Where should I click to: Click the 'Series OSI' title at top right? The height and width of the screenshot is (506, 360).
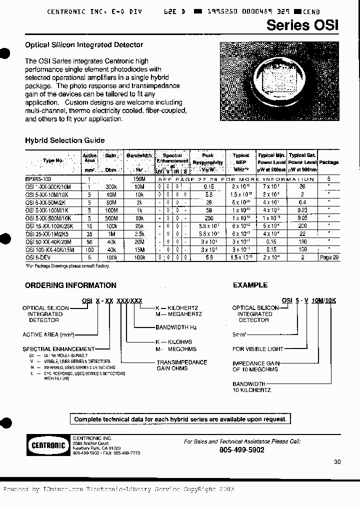pyautogui.click(x=302, y=25)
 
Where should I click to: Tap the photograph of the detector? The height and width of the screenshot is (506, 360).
pyautogui.click(x=280, y=81)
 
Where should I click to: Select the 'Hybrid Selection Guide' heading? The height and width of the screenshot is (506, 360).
pyautogui.click(x=65, y=140)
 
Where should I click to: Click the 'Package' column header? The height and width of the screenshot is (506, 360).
pyautogui.click(x=328, y=162)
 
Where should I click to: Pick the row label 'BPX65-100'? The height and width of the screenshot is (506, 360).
pyautogui.click(x=38, y=178)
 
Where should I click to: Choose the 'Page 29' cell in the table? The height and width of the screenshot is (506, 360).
pyautogui.click(x=328, y=257)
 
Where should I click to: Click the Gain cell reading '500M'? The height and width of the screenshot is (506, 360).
pyautogui.click(x=111, y=218)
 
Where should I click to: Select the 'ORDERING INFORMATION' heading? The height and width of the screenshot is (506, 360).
pyautogui.click(x=70, y=285)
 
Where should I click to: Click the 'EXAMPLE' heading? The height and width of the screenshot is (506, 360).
pyautogui.click(x=250, y=285)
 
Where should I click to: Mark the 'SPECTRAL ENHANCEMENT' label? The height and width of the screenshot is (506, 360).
pyautogui.click(x=58, y=349)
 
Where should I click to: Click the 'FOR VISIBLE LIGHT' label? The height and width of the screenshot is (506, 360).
pyautogui.click(x=258, y=349)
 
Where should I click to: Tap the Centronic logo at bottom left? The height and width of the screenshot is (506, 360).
pyautogui.click(x=46, y=445)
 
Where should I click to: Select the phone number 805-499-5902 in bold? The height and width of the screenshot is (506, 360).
pyautogui.click(x=242, y=450)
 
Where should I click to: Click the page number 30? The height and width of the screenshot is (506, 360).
pyautogui.click(x=337, y=462)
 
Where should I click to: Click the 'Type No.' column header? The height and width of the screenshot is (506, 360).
pyautogui.click(x=53, y=160)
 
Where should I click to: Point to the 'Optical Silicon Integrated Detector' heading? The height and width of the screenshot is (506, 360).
pyautogui.click(x=84, y=45)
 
